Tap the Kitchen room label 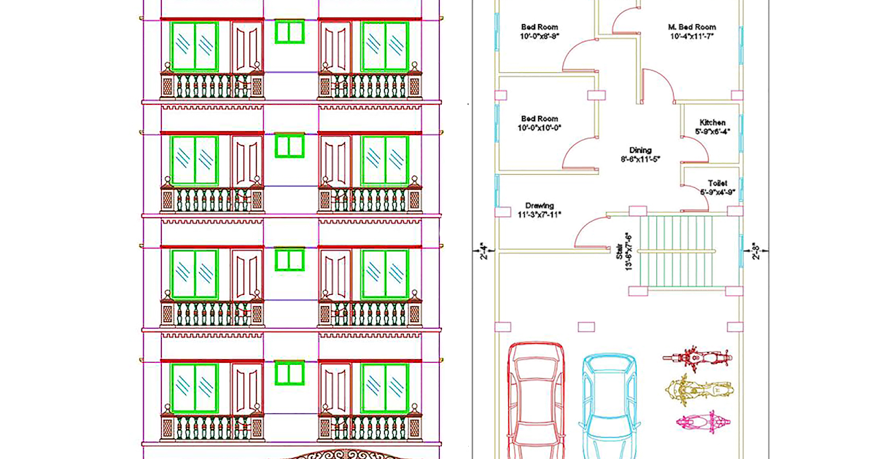coord(712,122)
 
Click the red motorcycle coord(700,358)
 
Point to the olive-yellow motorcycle coord(697,390)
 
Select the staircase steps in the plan coord(678,251)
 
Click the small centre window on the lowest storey coord(289,373)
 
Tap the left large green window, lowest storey coord(195,385)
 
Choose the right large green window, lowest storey coord(384,385)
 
